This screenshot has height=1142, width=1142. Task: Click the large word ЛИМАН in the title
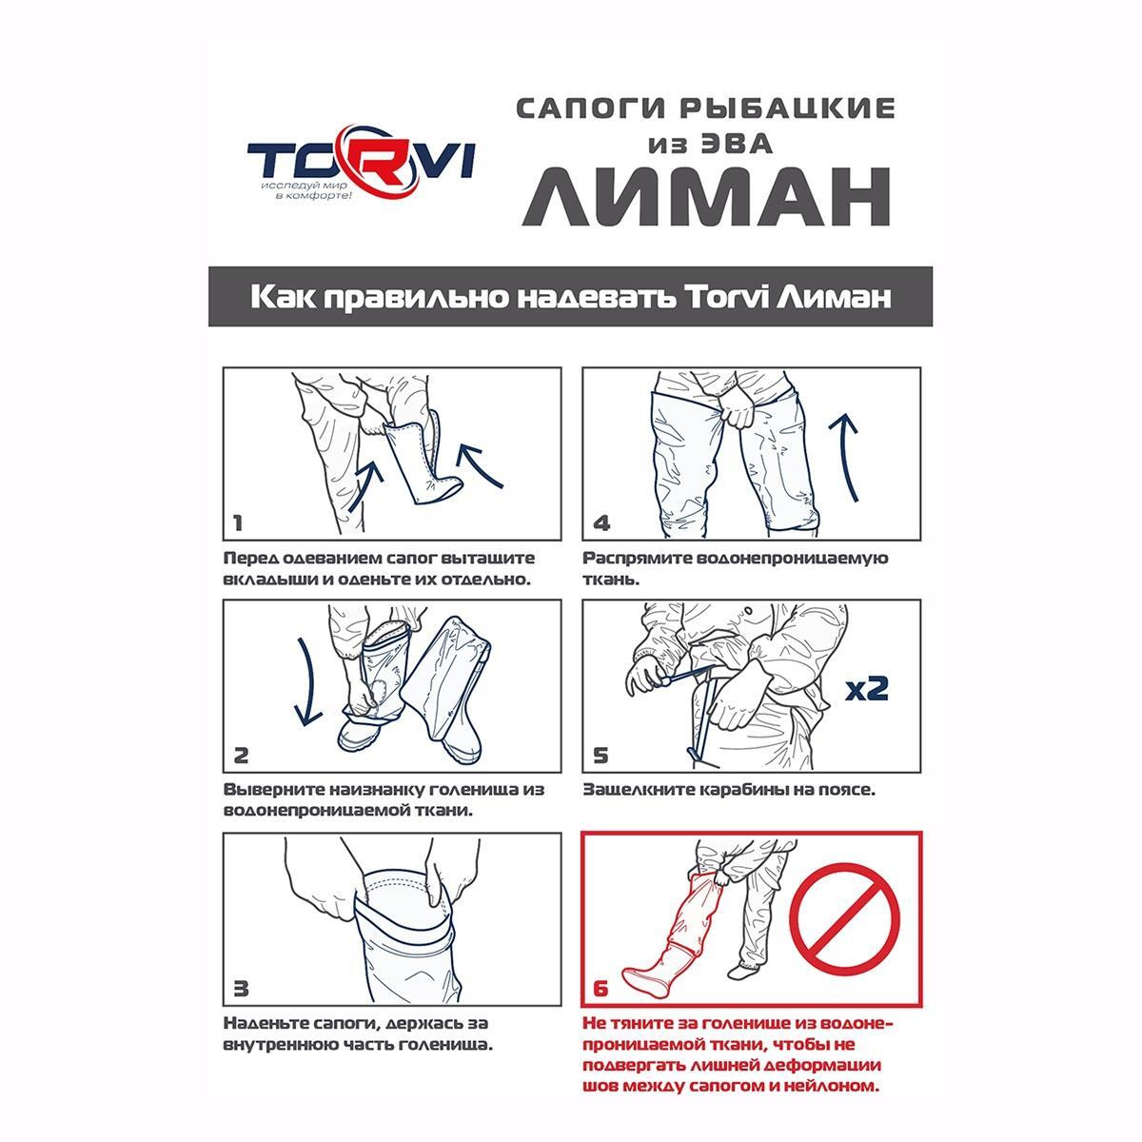(x=706, y=196)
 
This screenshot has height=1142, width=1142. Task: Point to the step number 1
(x=238, y=523)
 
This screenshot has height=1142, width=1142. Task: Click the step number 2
(x=241, y=756)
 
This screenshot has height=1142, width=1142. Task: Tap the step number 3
(x=241, y=989)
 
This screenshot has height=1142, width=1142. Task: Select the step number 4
(x=601, y=523)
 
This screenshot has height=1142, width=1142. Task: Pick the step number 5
(x=601, y=756)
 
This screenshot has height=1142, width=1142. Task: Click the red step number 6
(x=601, y=989)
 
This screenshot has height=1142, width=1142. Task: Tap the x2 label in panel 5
(x=866, y=689)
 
